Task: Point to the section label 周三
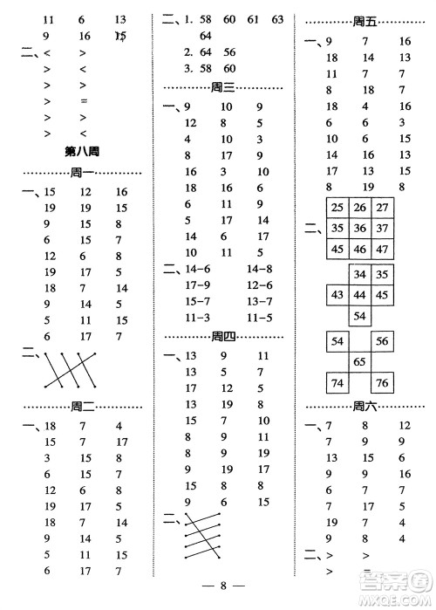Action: (224, 86)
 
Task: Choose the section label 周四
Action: (224, 337)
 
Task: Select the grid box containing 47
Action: (381, 249)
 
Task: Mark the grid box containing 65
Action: (358, 360)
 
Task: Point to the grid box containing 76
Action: (381, 381)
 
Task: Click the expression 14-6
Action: (199, 269)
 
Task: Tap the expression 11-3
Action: (199, 317)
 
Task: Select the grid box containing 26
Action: (358, 208)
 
